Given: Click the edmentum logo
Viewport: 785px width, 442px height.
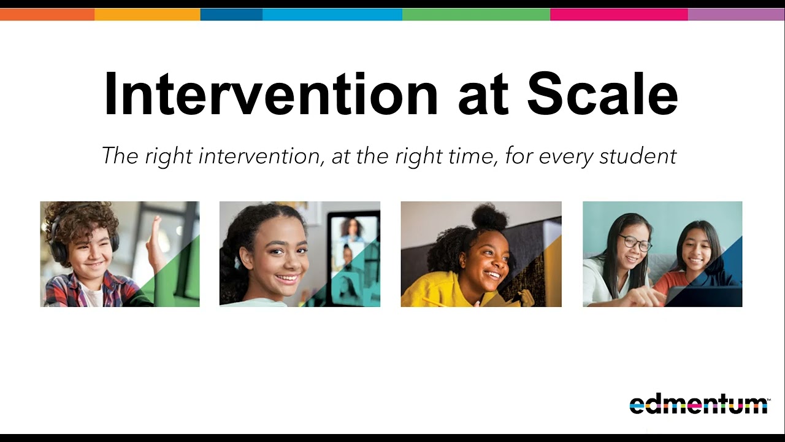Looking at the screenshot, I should coord(699,405).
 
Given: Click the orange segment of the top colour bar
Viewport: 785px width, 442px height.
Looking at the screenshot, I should coord(47,15).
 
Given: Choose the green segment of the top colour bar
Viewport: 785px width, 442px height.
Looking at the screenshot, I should coord(476,15).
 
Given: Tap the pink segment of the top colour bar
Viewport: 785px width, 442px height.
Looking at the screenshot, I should coord(619,15).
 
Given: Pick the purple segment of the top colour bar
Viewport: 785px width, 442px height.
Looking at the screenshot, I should coord(736,15).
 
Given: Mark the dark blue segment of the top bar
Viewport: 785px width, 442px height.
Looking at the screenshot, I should coord(231,15).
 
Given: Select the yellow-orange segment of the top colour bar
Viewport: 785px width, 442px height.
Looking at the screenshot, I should coord(147,15).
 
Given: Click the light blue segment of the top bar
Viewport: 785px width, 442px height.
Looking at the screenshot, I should coord(332,15).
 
